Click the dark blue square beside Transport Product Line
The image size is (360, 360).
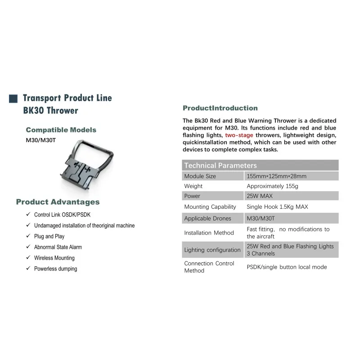[13, 99]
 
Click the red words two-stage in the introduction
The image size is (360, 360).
[239, 135]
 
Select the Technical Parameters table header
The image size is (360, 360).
[260, 165]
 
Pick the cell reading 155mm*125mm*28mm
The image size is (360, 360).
[291, 176]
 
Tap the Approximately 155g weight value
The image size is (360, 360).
[272, 186]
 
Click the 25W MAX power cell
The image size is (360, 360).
[291, 196]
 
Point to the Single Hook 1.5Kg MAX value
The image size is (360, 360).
[277, 207]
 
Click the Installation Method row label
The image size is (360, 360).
[209, 233]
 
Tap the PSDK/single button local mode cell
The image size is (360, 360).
[287, 267]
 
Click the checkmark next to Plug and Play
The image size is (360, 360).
[28, 236]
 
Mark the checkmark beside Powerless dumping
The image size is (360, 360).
[28, 268]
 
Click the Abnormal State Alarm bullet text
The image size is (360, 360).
[58, 247]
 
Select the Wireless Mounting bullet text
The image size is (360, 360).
[54, 258]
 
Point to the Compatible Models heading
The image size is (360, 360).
[61, 130]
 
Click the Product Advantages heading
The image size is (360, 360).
[58, 202]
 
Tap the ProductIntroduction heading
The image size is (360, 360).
[220, 108]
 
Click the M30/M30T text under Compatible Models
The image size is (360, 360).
[41, 140]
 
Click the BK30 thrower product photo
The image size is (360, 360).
[87, 165]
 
